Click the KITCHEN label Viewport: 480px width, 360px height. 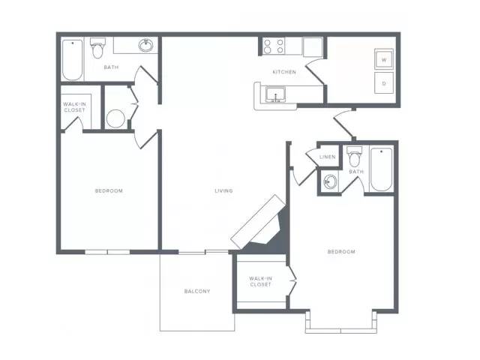[284, 72]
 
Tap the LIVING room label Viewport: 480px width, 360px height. [223, 190]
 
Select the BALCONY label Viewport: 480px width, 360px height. [197, 291]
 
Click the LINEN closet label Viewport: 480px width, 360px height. [328, 157]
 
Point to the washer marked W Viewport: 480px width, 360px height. [384, 59]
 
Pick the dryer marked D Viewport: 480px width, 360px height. [384, 83]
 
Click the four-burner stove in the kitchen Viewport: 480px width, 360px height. [274, 46]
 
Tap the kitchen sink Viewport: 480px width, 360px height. [275, 94]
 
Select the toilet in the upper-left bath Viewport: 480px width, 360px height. [98, 48]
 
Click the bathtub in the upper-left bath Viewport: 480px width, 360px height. [73, 60]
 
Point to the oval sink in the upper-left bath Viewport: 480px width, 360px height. [146, 46]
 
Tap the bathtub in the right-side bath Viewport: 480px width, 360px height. [382, 169]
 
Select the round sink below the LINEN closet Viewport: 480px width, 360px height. [330, 181]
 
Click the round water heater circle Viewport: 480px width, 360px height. [115, 118]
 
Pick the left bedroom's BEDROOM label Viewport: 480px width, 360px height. [109, 190]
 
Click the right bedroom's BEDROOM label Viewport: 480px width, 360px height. [342, 252]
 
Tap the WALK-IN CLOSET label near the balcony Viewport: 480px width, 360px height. [260, 282]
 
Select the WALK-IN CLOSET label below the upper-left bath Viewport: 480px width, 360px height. [75, 107]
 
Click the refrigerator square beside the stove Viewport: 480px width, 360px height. [313, 46]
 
